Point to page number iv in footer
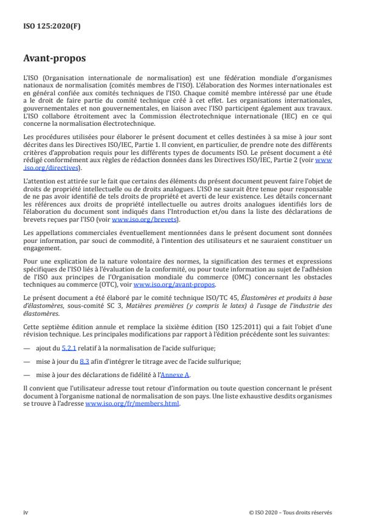click(26, 511)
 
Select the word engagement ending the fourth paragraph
click(39, 246)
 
